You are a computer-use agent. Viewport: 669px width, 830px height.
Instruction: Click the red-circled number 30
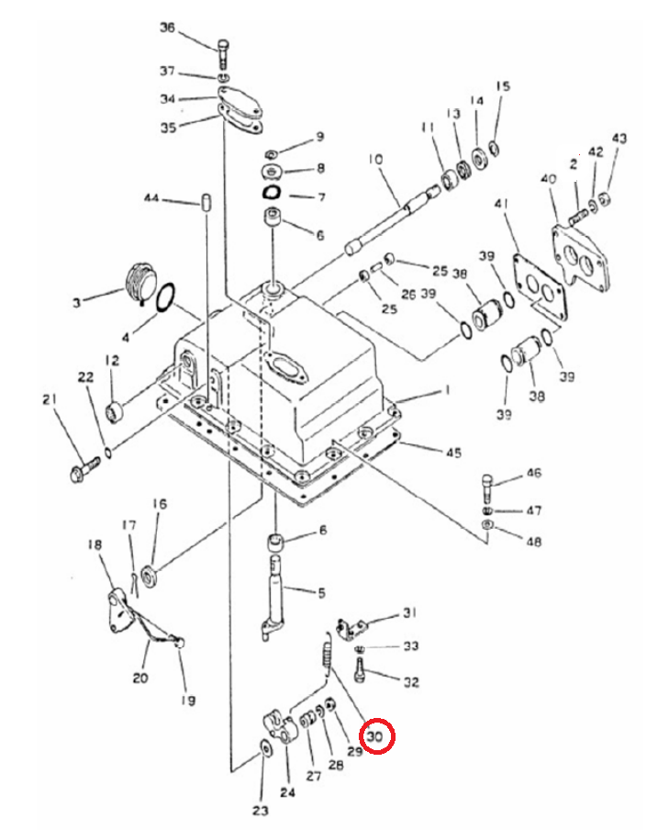(374, 736)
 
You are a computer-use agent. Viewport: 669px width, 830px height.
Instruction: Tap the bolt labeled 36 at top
(223, 53)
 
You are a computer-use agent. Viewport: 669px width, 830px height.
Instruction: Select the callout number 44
(151, 198)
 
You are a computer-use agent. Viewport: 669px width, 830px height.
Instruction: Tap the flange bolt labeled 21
(84, 469)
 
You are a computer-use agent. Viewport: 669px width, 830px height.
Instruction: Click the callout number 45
(453, 453)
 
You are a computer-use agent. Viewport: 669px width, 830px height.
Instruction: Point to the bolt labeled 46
(487, 489)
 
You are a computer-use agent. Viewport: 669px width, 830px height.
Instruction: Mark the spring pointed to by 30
(327, 657)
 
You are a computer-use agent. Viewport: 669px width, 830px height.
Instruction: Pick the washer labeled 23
(265, 749)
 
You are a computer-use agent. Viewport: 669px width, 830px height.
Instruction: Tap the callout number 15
(503, 85)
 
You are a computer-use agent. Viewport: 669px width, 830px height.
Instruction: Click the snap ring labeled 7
(272, 193)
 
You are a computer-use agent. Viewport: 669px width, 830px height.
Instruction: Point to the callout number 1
(447, 390)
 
